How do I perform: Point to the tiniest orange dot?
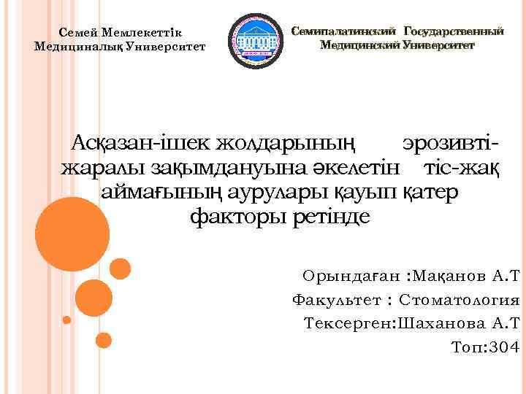coord(67,320)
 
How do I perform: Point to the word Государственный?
coord(454,31)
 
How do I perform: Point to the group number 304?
coord(505,347)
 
